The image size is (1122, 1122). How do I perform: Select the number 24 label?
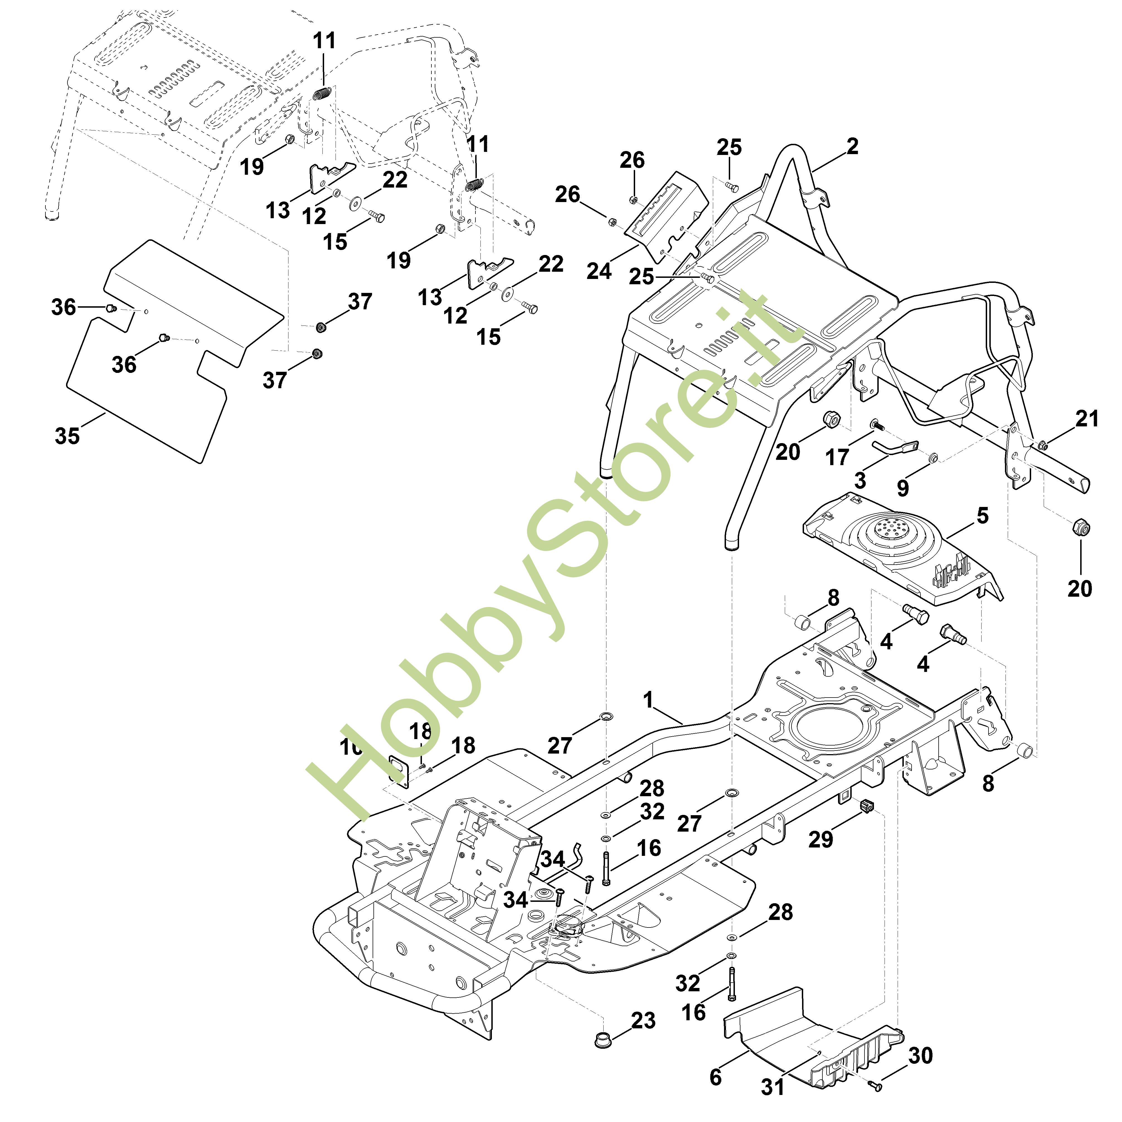[599, 271]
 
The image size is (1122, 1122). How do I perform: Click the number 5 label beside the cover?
[982, 515]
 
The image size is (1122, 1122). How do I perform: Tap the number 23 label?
[643, 1020]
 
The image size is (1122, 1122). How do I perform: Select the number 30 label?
[921, 1055]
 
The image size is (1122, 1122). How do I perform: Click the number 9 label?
[902, 488]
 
